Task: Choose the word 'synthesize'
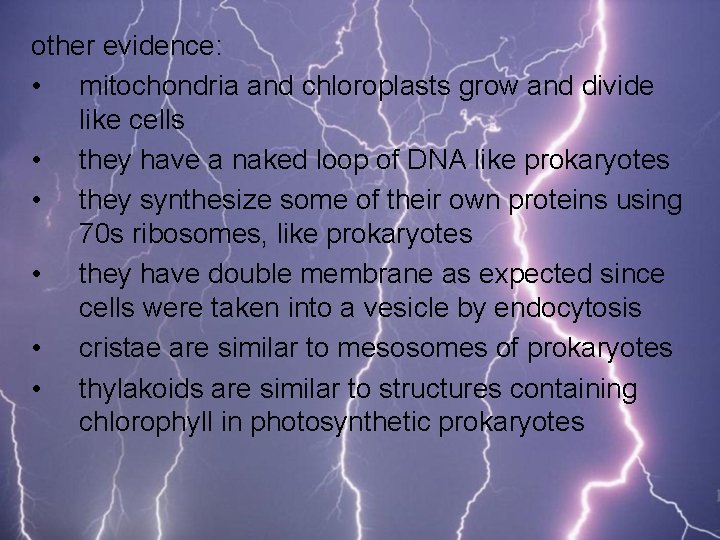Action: (200, 199)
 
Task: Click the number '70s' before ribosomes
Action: (103, 234)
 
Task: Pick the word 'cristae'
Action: (123, 347)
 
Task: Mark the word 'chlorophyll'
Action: (162, 422)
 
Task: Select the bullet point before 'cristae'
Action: (36, 348)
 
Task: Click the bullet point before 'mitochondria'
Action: (36, 87)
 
